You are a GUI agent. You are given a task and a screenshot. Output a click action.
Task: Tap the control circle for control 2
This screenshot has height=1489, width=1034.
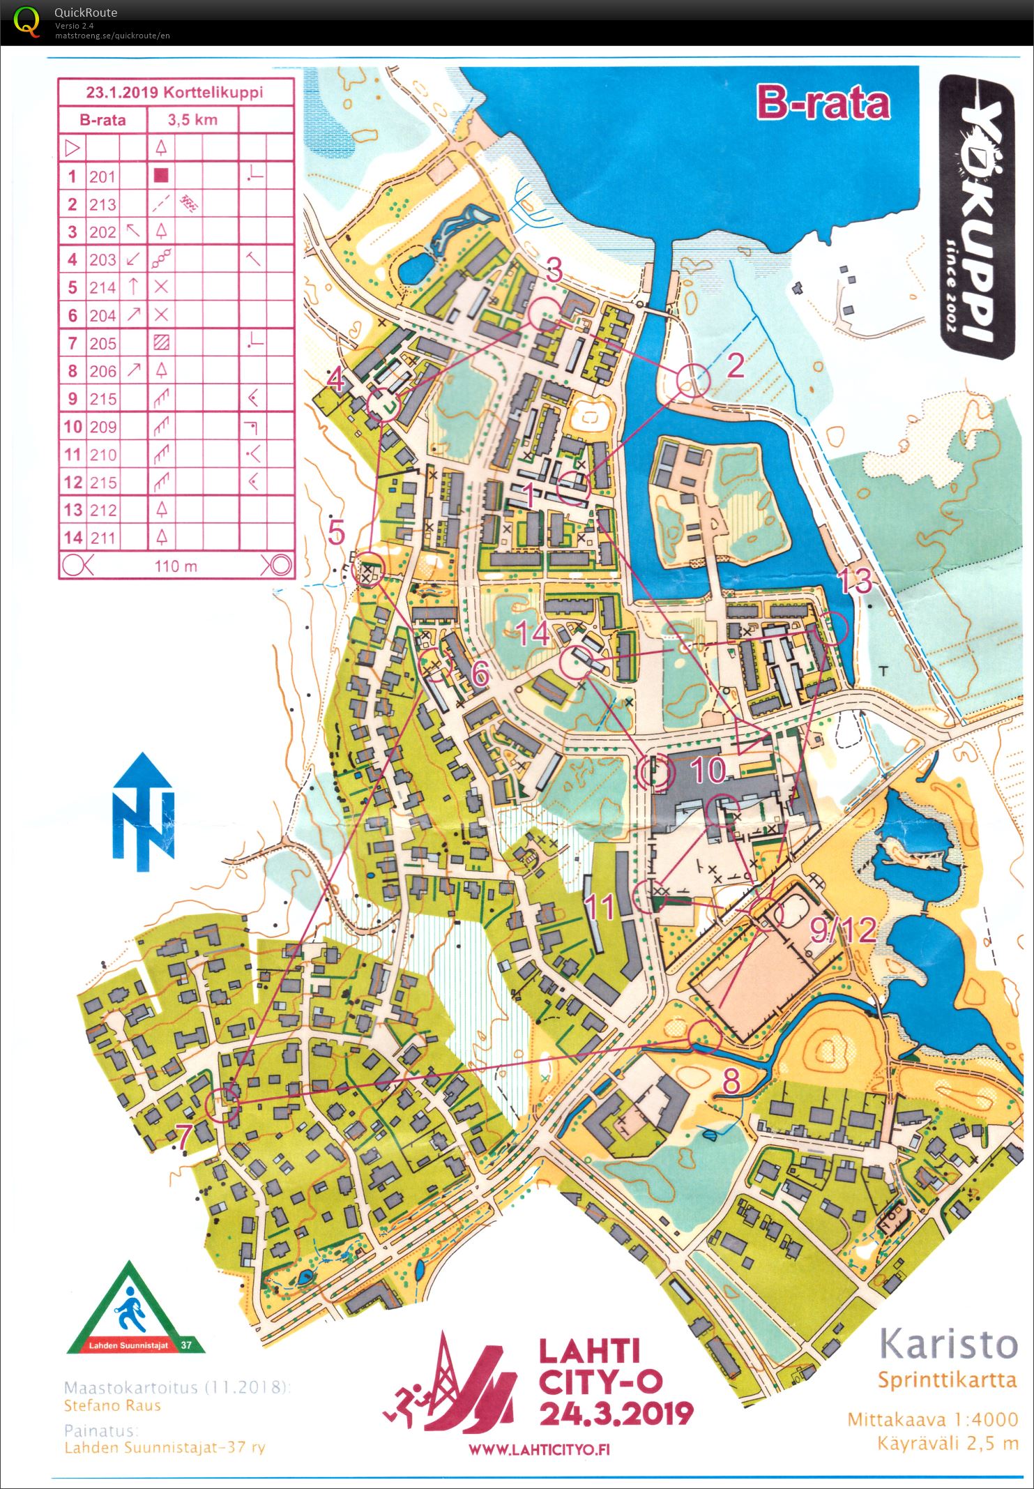click(x=693, y=381)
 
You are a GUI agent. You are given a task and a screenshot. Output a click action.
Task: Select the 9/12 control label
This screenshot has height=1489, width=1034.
click(x=843, y=930)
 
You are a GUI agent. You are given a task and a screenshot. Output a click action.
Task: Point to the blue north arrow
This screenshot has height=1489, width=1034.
click(x=144, y=812)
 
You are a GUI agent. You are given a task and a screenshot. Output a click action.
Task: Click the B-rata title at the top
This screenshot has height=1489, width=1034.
click(x=823, y=103)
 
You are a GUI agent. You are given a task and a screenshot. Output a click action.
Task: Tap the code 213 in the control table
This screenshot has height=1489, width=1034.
click(x=102, y=204)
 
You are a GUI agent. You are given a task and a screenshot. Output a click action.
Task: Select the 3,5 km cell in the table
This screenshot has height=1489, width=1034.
click(x=192, y=120)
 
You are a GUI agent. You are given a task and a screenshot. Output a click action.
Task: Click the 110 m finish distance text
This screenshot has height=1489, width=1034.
click(x=176, y=566)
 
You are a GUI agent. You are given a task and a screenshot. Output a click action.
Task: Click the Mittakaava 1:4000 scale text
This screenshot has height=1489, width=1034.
click(x=932, y=1419)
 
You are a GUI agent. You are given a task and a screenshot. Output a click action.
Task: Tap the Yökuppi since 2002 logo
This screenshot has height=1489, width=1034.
click(x=975, y=216)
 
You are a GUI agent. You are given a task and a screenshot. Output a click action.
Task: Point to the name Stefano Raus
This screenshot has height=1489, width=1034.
click(x=112, y=1405)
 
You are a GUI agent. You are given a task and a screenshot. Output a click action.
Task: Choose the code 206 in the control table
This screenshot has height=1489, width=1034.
click(x=102, y=371)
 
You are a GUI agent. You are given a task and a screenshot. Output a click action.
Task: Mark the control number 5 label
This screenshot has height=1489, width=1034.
click(x=337, y=533)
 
